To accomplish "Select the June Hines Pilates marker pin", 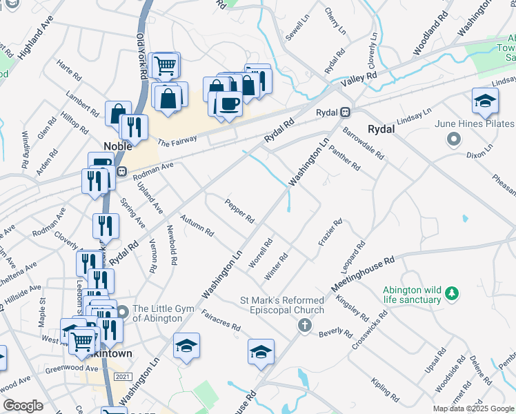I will click(x=453, y=140).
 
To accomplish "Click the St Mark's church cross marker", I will click(x=305, y=324).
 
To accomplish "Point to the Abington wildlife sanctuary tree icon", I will click(x=452, y=293).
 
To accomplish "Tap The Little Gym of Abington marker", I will click(x=122, y=312).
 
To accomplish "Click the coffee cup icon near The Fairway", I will click(x=228, y=104).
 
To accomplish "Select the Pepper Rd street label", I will click(x=240, y=211).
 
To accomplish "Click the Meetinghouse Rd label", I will click(x=363, y=273).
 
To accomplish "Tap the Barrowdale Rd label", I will click(x=363, y=142).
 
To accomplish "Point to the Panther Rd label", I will click(x=344, y=158).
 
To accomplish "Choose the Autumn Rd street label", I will click(x=197, y=226).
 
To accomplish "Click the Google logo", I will click(x=23, y=406).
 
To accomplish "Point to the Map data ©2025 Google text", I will click(x=473, y=408).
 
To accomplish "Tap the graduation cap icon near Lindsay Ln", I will click(x=485, y=101).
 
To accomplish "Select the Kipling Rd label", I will click(x=384, y=390).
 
